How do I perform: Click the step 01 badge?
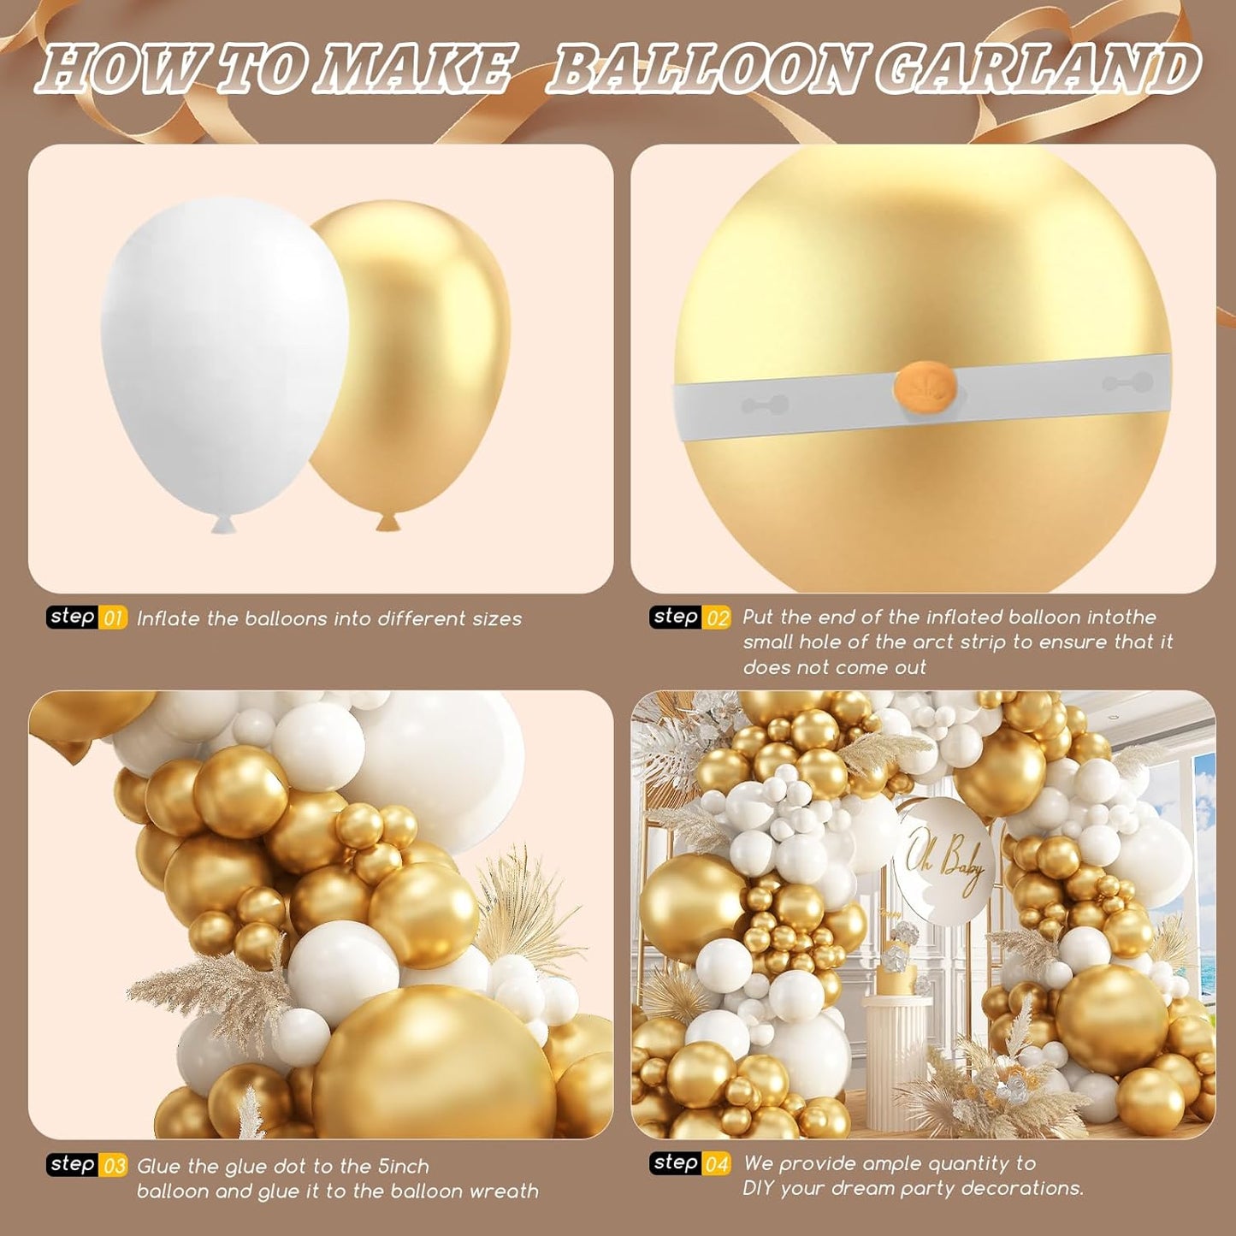click(x=86, y=618)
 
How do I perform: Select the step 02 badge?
click(x=689, y=618)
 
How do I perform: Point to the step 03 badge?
click(x=86, y=1165)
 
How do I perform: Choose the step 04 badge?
click(x=689, y=1163)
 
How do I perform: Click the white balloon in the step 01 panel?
click(x=224, y=351)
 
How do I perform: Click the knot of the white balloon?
click(x=223, y=524)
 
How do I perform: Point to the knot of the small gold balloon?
click(x=387, y=521)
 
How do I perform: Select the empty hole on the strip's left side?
click(x=765, y=405)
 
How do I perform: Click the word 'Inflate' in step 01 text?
click(x=169, y=618)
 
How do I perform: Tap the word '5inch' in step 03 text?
click(x=403, y=1167)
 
